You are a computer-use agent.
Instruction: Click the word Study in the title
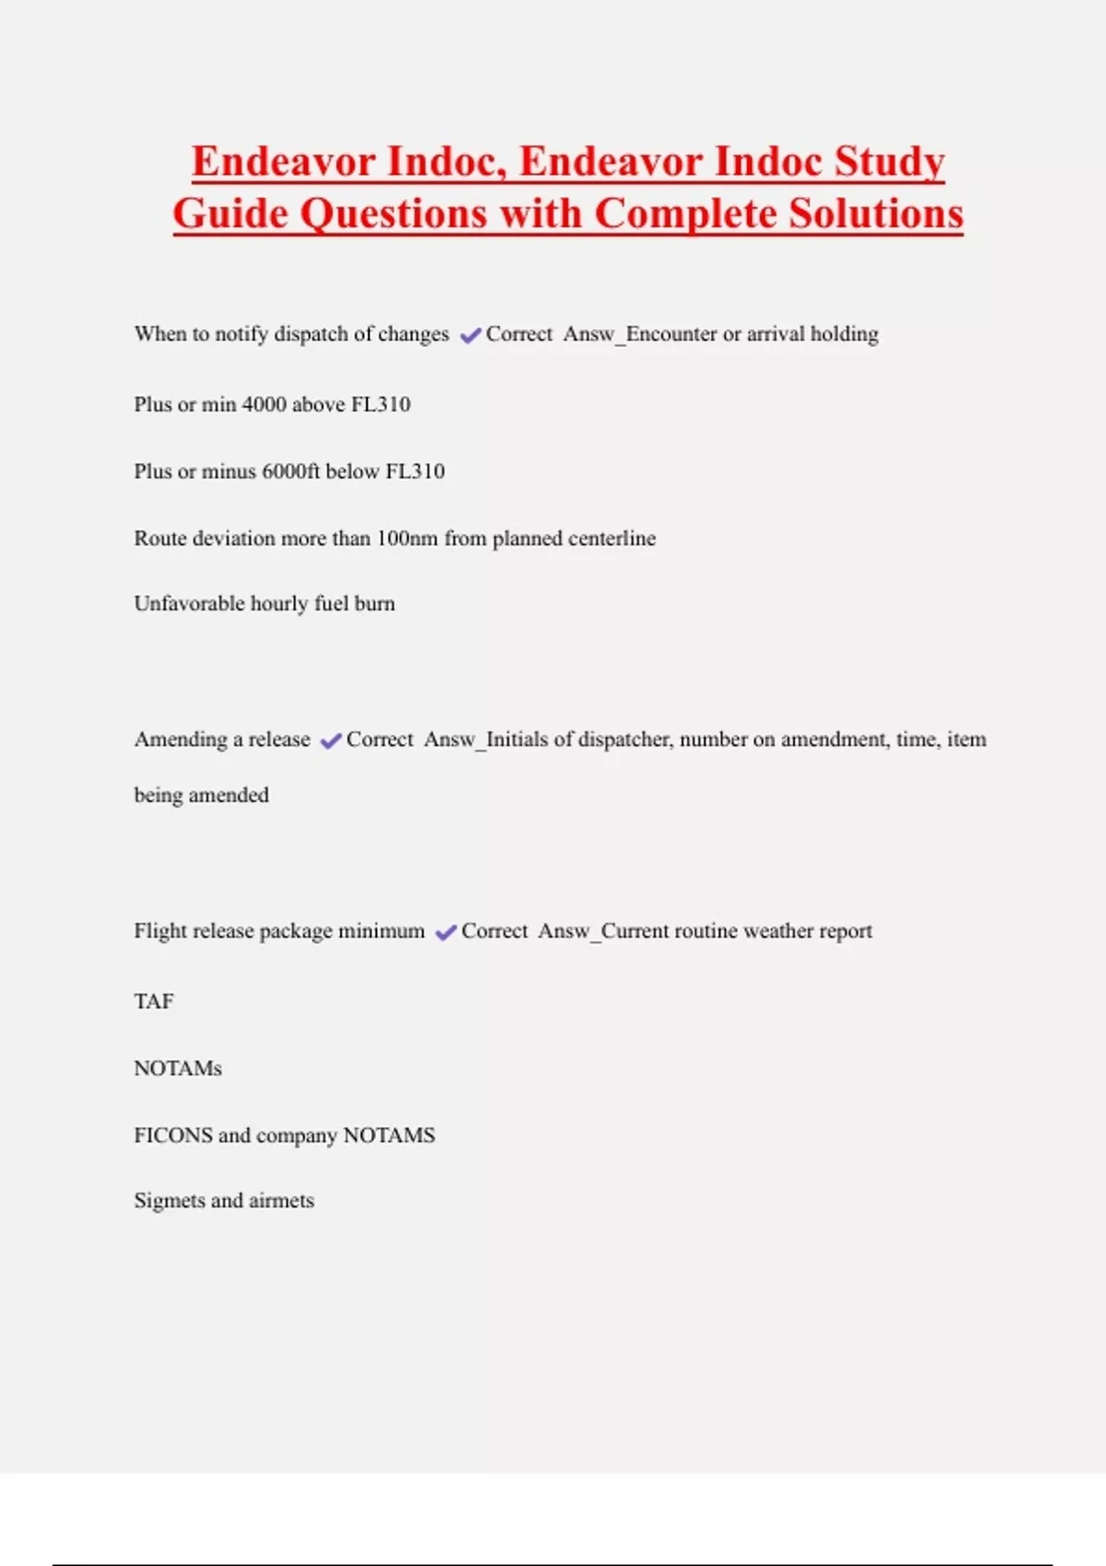pyautogui.click(x=889, y=162)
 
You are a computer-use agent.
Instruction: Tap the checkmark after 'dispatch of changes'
pyautogui.click(x=470, y=335)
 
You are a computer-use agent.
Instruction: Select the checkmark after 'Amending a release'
pyautogui.click(x=331, y=741)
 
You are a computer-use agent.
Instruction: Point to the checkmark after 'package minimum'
pyautogui.click(x=446, y=932)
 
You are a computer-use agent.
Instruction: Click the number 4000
pyautogui.click(x=264, y=404)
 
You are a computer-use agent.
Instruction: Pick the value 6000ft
pyautogui.click(x=290, y=472)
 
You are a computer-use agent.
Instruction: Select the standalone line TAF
pyautogui.click(x=154, y=1001)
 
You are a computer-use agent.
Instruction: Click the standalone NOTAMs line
pyautogui.click(x=178, y=1069)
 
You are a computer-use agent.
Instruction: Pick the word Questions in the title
pyautogui.click(x=395, y=214)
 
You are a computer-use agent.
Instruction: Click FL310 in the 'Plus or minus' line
pyautogui.click(x=415, y=472)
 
